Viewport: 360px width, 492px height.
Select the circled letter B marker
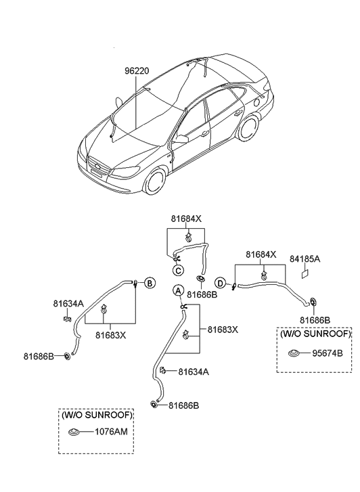(150, 282)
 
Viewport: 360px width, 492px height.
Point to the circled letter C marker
(178, 271)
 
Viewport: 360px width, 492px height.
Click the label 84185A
(305, 258)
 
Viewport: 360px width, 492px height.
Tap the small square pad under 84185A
(305, 274)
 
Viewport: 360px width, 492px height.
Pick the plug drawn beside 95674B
(294, 353)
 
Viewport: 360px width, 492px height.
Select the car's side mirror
(181, 139)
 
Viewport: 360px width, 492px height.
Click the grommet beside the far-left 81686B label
(68, 356)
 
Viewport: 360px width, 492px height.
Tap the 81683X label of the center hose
(223, 330)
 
